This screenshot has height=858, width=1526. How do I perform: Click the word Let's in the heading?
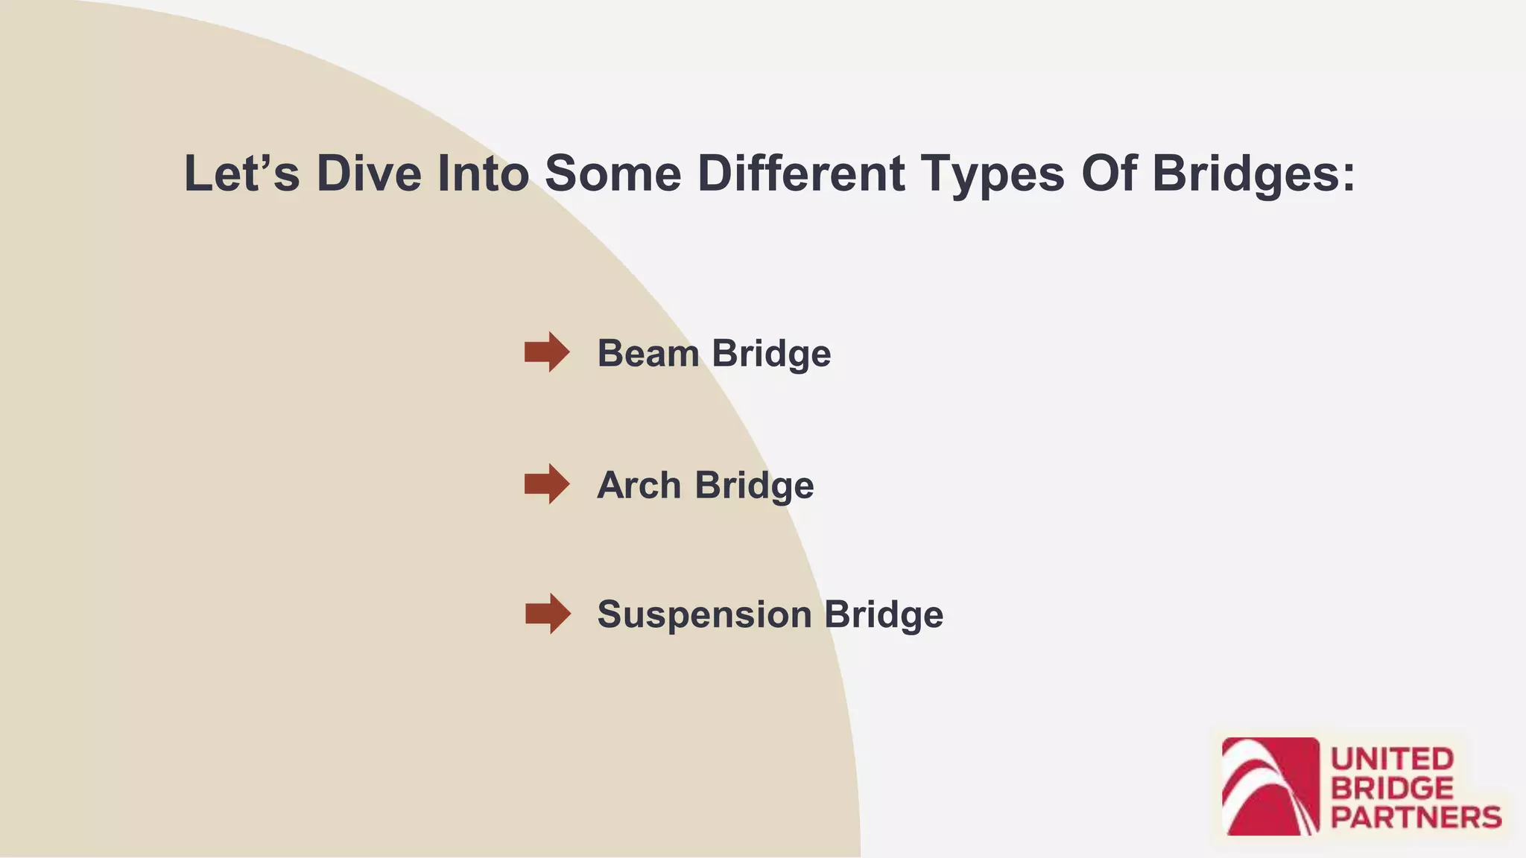[x=241, y=174]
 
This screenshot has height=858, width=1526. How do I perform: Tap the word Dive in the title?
[x=369, y=174]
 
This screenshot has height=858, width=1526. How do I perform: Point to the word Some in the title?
[x=612, y=174]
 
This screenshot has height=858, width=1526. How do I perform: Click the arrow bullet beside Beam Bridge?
[x=547, y=352]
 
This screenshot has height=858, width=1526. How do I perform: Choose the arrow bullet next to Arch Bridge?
[x=547, y=484]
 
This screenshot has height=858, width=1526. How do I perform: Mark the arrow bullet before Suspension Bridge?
[x=548, y=614]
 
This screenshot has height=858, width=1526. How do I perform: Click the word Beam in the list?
[x=648, y=353]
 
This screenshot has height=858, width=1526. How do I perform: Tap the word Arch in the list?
[x=639, y=486]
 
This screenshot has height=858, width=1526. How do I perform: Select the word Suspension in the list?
[x=704, y=615]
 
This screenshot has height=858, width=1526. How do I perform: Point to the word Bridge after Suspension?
[x=884, y=615]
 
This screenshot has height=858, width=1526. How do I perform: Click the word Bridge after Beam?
[x=771, y=353]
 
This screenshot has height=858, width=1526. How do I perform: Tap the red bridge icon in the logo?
[x=1270, y=786]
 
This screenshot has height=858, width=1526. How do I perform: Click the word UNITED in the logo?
[x=1392, y=760]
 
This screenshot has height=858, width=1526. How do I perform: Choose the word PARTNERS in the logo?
[x=1416, y=818]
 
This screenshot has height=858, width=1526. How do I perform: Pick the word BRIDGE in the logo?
[x=1392, y=789]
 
